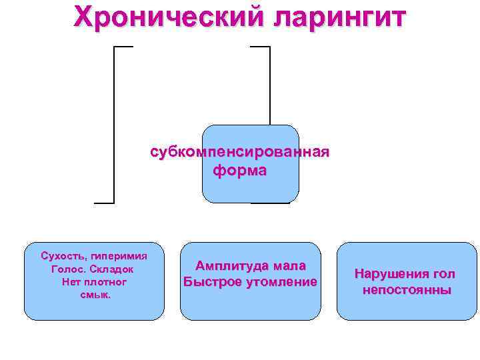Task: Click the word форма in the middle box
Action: [x=240, y=171]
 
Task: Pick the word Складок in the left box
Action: [x=113, y=269]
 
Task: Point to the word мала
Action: [x=288, y=266]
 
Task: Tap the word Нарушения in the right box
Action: [x=390, y=274]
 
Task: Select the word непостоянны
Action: [x=407, y=290]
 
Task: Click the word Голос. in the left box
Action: [x=67, y=269]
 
